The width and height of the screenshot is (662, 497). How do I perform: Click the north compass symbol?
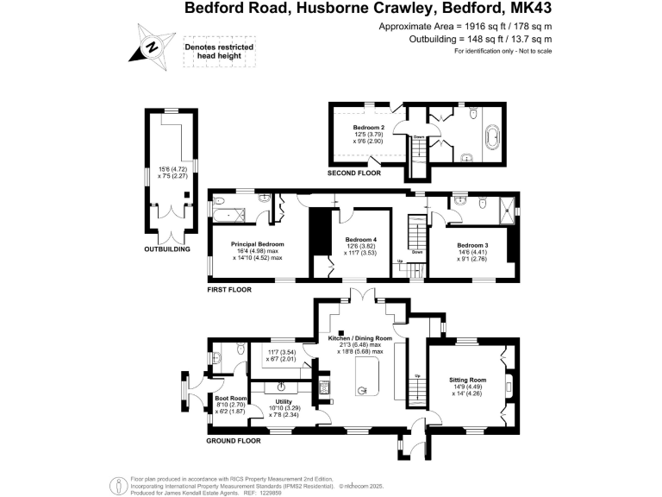pos(153,46)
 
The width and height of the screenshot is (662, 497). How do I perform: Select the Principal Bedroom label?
pos(257,244)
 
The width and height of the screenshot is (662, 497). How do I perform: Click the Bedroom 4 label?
pos(361,239)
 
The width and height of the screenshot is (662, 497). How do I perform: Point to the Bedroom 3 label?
pos(472,245)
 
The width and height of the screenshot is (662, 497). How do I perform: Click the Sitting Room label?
pos(467,380)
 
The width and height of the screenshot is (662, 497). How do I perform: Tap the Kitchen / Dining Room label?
pos(360,339)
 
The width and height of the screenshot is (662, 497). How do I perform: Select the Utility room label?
pos(284,402)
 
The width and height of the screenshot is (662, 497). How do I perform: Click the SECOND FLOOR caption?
pos(354,173)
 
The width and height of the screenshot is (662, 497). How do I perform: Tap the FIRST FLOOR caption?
pos(228,290)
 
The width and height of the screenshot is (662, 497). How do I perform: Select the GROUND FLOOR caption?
pos(233,441)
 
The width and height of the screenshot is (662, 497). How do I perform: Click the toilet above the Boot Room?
pos(220,353)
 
